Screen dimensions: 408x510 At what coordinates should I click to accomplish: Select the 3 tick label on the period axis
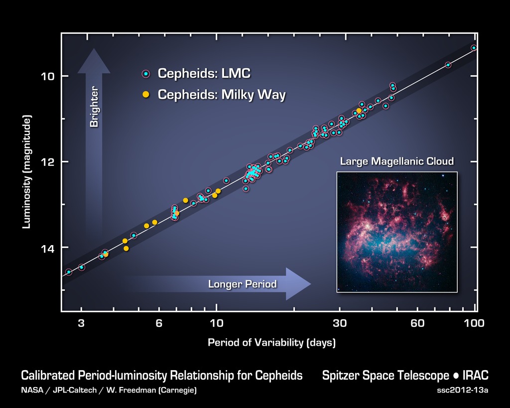(81, 323)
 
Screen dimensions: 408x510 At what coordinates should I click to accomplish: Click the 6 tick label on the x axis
(159, 323)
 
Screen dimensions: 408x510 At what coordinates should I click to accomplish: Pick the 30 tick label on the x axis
(340, 323)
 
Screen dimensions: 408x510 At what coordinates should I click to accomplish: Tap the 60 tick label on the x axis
(417, 323)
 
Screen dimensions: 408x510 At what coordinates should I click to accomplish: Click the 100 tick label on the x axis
(474, 323)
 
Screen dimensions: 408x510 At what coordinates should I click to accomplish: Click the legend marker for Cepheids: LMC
(145, 74)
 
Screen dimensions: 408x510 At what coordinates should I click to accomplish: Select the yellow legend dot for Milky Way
(145, 94)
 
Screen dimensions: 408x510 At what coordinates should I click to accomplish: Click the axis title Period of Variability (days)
(271, 343)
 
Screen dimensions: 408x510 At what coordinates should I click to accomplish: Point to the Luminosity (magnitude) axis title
(27, 172)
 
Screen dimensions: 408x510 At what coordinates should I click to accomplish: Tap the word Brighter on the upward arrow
(94, 107)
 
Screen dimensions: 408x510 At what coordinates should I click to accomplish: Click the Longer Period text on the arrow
(242, 284)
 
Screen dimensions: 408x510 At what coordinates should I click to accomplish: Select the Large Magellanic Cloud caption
(396, 161)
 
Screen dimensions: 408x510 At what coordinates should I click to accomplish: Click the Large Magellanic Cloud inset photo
(396, 232)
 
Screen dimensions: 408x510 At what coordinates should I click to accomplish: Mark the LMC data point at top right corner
(474, 48)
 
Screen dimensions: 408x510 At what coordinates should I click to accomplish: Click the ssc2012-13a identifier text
(462, 390)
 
